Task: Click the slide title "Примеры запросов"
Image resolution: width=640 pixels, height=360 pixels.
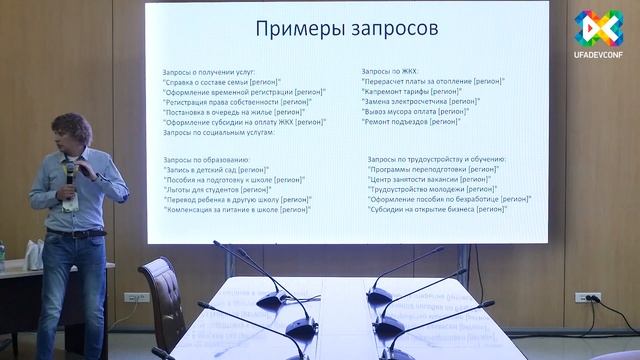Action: pos(346,29)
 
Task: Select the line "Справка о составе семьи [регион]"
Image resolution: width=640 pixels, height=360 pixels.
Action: pos(221,82)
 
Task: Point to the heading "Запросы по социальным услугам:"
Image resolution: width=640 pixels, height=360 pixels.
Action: pos(218,133)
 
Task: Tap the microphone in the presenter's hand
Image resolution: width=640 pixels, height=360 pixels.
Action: pos(71,171)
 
